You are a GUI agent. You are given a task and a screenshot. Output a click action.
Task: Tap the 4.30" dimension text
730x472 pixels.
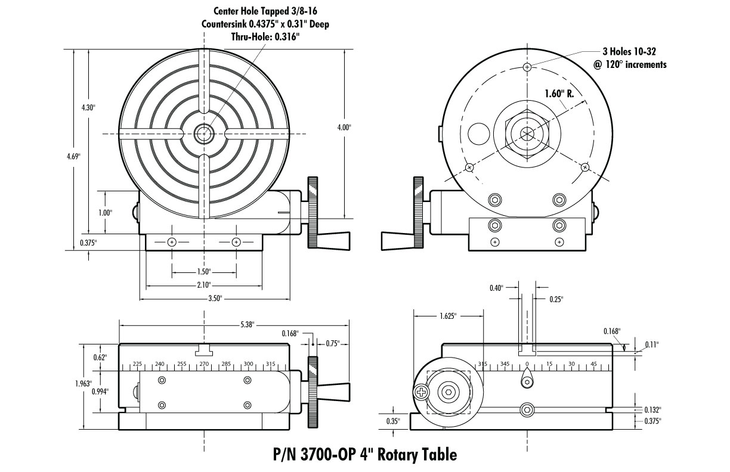click(x=89, y=108)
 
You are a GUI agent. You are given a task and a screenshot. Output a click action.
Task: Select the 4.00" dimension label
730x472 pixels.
click(x=344, y=128)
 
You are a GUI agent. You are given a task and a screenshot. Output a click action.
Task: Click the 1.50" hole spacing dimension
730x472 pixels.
click(x=203, y=272)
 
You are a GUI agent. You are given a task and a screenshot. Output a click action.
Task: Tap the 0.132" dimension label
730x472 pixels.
click(x=653, y=409)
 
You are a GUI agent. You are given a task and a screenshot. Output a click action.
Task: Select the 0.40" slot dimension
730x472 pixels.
click(x=496, y=288)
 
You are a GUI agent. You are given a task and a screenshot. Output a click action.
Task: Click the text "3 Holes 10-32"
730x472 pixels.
click(x=630, y=52)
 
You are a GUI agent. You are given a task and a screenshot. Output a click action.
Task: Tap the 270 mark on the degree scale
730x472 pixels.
click(x=203, y=363)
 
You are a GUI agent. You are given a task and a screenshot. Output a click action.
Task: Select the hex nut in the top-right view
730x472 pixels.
click(x=527, y=133)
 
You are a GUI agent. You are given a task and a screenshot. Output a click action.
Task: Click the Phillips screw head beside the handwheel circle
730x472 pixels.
click(x=422, y=392)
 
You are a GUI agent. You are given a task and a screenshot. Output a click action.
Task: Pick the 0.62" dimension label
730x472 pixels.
click(x=100, y=357)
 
